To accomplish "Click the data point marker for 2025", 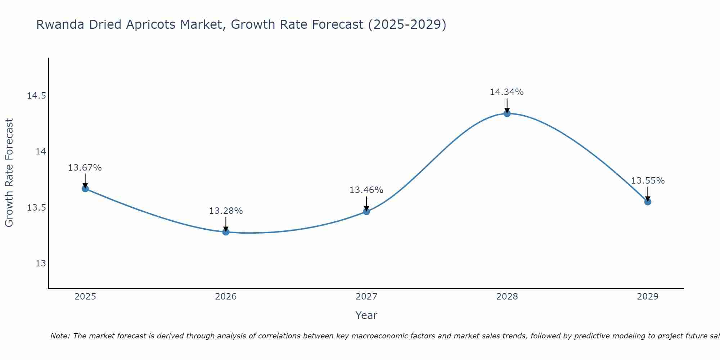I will (x=85, y=189).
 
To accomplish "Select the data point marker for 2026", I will (x=226, y=232).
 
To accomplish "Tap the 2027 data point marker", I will (x=366, y=211).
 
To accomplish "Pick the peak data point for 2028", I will (x=507, y=114).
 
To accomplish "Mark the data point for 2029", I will (x=648, y=202).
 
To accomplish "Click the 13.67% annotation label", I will (x=85, y=168).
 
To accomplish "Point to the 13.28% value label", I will (x=226, y=211).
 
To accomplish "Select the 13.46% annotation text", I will (x=366, y=190).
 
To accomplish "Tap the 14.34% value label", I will (x=507, y=92).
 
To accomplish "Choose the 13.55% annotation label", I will (x=648, y=181).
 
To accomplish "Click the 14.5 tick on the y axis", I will (x=36, y=96).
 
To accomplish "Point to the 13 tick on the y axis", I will (x=41, y=264).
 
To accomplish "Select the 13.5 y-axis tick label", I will (x=36, y=208).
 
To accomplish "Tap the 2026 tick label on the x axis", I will (x=226, y=297).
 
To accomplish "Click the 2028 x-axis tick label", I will (x=507, y=297).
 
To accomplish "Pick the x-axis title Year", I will (x=366, y=315).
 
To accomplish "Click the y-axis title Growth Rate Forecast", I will (x=9, y=173).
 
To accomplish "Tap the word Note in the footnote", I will (x=60, y=336).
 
